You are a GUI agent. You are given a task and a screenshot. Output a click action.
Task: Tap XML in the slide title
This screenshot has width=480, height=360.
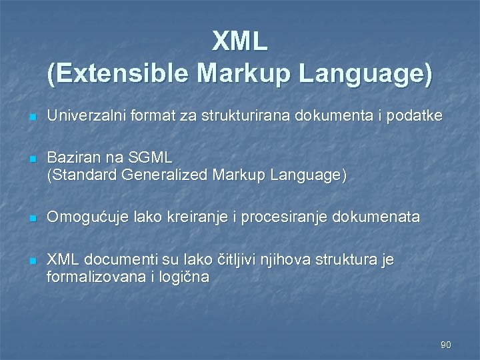(240, 42)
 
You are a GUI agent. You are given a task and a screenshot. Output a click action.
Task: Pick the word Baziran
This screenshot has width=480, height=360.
(73, 158)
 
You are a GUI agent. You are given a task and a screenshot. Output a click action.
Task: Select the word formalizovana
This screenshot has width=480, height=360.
(97, 277)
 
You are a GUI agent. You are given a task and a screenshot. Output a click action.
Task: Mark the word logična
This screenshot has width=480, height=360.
(183, 277)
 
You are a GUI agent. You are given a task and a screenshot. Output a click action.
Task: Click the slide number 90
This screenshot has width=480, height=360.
(446, 345)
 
